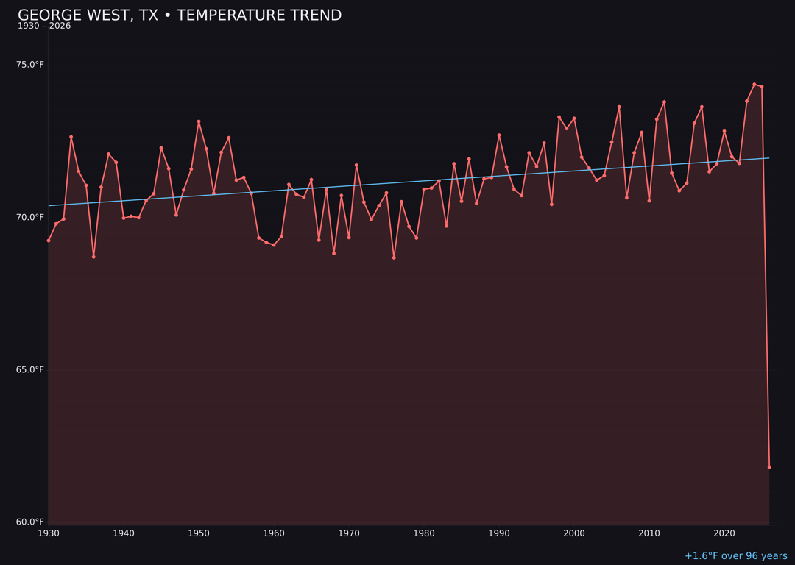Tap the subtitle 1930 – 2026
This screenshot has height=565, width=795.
point(44,26)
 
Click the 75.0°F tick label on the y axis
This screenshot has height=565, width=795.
point(30,65)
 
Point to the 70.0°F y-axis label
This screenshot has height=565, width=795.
point(30,217)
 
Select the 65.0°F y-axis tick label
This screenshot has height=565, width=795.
point(30,369)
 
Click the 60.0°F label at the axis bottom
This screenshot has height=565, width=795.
point(30,522)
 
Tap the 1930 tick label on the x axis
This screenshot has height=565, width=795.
point(49,533)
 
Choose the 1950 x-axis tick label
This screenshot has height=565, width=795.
point(199,533)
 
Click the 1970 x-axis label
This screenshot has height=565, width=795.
point(349,533)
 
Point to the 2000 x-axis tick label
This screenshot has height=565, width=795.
point(574,533)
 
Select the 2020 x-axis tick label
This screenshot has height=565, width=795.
point(724,533)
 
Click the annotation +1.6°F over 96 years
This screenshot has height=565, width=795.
point(735,556)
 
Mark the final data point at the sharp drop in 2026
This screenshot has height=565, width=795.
point(769,467)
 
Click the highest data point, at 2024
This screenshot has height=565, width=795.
point(755,85)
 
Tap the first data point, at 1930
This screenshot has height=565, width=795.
point(49,241)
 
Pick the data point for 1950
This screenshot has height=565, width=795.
point(199,121)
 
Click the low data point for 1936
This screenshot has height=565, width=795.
point(93,257)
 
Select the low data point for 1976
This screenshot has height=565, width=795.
point(394,257)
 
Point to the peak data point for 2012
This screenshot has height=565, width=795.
point(664,102)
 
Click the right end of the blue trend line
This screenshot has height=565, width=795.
point(769,158)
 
